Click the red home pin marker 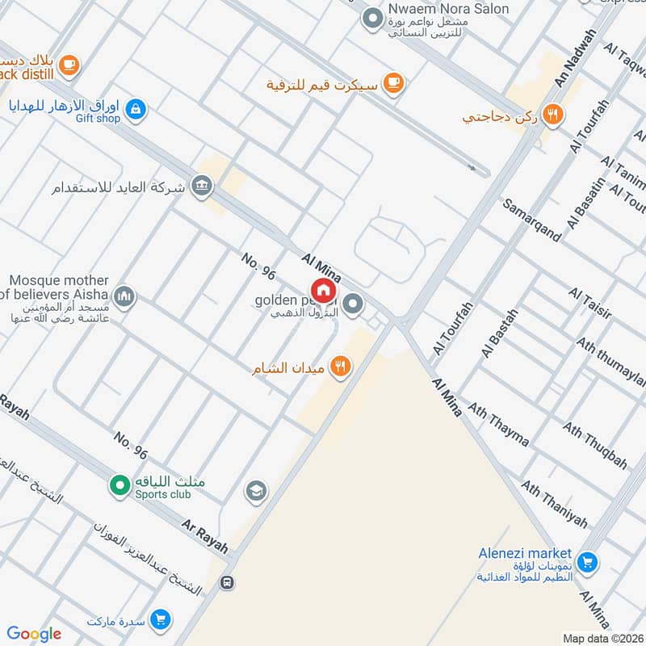point(323,290)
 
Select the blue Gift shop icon point(136,108)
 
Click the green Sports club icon point(120,486)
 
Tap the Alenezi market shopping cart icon point(587,561)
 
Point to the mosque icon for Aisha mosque point(124,297)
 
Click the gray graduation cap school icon point(256,491)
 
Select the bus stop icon point(229,582)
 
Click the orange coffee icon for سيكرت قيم point(393,82)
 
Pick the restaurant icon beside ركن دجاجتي point(553,115)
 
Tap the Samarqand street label point(532,220)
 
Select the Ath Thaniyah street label point(554,504)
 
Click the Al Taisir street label point(589,303)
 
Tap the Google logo point(34,633)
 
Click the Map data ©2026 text point(603,639)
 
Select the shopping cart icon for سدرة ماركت point(161,620)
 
